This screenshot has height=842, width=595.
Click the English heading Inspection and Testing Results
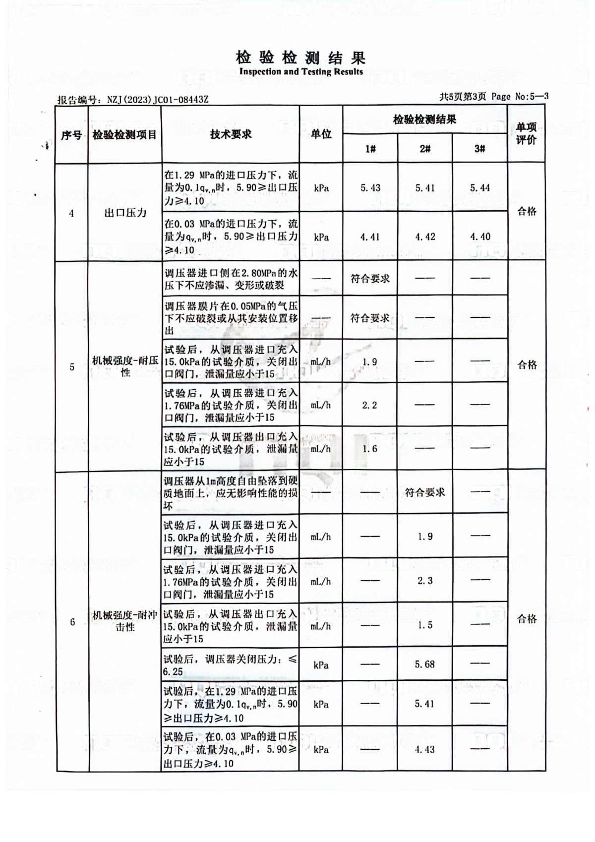(x=300, y=72)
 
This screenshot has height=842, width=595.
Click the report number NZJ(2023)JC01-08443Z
(x=158, y=99)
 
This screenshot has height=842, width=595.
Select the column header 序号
(x=71, y=135)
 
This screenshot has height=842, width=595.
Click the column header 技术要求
(x=230, y=134)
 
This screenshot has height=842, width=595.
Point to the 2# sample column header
(x=425, y=149)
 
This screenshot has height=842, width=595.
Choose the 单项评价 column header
(x=526, y=134)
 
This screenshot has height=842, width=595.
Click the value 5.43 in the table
(x=370, y=188)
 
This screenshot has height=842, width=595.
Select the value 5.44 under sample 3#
(x=479, y=188)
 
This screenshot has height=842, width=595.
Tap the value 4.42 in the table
(x=425, y=237)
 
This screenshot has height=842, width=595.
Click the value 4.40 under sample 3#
(x=480, y=237)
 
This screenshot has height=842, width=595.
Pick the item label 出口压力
(x=125, y=213)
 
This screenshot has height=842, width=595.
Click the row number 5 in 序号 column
(x=72, y=367)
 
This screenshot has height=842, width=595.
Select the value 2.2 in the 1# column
(x=369, y=405)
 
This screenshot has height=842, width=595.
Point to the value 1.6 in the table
(x=370, y=449)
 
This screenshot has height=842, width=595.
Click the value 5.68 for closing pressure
(x=424, y=664)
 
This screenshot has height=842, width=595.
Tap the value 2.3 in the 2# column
(x=425, y=581)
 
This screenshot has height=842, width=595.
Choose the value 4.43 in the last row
(x=424, y=749)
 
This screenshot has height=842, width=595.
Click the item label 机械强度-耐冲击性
(x=125, y=621)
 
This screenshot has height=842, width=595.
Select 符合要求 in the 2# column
(x=425, y=492)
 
